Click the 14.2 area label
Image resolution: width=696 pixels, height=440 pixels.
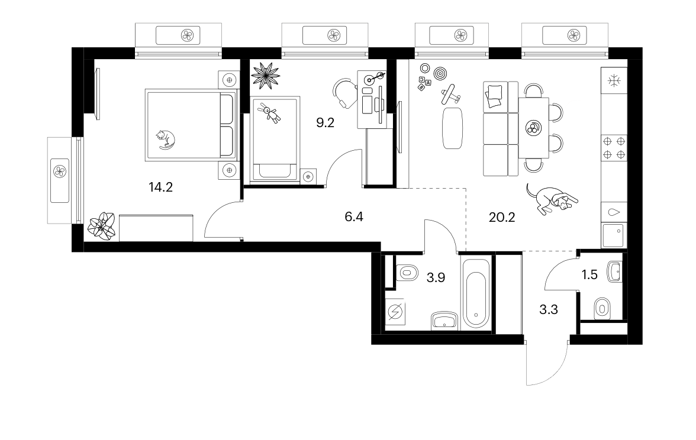[x=161, y=187]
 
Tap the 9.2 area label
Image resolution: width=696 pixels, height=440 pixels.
[x=325, y=123]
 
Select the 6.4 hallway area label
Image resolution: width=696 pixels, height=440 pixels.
[x=354, y=217]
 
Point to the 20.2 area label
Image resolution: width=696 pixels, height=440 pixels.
[x=502, y=218]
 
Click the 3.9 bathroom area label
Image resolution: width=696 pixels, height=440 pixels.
[x=436, y=278]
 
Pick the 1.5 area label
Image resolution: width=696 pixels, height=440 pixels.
[x=589, y=275]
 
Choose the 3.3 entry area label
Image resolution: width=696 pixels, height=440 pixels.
[x=548, y=310]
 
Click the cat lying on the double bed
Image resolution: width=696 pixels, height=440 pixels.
[x=165, y=140]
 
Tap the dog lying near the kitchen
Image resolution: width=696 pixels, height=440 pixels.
[x=552, y=199]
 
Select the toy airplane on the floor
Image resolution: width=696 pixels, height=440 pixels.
[x=450, y=95]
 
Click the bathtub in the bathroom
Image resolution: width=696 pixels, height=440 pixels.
[x=476, y=293]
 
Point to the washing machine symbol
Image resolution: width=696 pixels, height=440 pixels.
[x=395, y=312]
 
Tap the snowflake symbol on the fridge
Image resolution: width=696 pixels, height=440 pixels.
[x=614, y=80]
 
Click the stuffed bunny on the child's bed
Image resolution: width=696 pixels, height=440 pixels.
[x=270, y=113]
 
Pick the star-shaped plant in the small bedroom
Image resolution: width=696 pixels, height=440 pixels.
[x=265, y=76]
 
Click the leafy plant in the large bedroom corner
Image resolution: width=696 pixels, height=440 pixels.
[x=102, y=226]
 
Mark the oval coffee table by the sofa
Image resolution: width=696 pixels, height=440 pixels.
[x=452, y=128]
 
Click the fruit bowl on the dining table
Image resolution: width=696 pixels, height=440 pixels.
[x=533, y=129]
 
